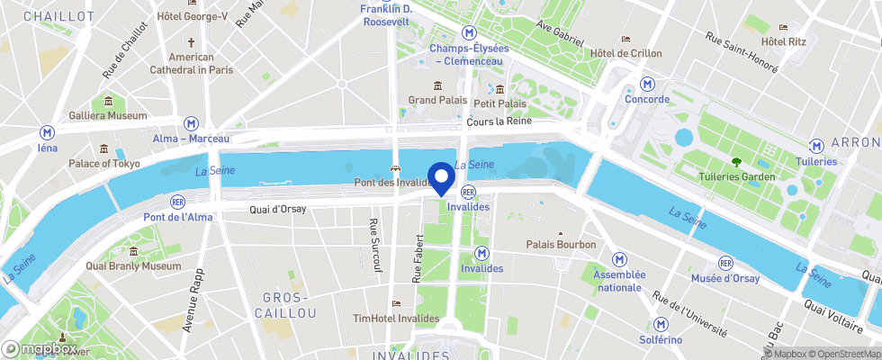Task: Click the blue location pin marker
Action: click(440, 176)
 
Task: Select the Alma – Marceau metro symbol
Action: click(191, 123)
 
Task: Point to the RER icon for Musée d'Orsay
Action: click(725, 262)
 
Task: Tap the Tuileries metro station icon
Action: click(816, 146)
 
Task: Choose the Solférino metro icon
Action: click(661, 324)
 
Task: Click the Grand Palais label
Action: click(437, 100)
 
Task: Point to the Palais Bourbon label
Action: click(561, 244)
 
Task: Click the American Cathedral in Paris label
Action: click(191, 63)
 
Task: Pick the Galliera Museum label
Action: click(108, 115)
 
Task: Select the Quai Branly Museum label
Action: click(133, 265)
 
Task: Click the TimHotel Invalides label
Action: click(396, 319)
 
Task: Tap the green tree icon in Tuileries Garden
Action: click(737, 162)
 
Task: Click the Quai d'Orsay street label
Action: click(277, 209)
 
